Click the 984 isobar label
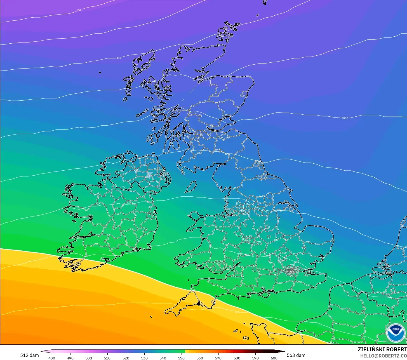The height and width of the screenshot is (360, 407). (79, 10)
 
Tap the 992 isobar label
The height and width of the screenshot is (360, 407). (119, 58)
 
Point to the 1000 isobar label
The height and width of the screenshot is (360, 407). (345, 118)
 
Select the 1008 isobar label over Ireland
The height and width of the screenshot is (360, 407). (130, 203)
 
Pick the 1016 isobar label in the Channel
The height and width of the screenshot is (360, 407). (237, 312)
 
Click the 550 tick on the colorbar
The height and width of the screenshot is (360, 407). (181, 358)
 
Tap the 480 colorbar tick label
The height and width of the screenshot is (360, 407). (52, 358)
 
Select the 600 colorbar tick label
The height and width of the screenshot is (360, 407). (274, 358)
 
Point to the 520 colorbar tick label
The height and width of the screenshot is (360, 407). (126, 358)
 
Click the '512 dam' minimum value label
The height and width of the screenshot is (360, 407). (29, 355)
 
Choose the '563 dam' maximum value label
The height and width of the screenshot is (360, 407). (296, 355)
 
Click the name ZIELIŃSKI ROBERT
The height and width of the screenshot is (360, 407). (382, 349)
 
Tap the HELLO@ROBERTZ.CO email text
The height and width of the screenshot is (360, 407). (383, 356)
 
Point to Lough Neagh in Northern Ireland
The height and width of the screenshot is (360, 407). (149, 175)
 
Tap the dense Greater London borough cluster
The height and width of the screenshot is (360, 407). (292, 270)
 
